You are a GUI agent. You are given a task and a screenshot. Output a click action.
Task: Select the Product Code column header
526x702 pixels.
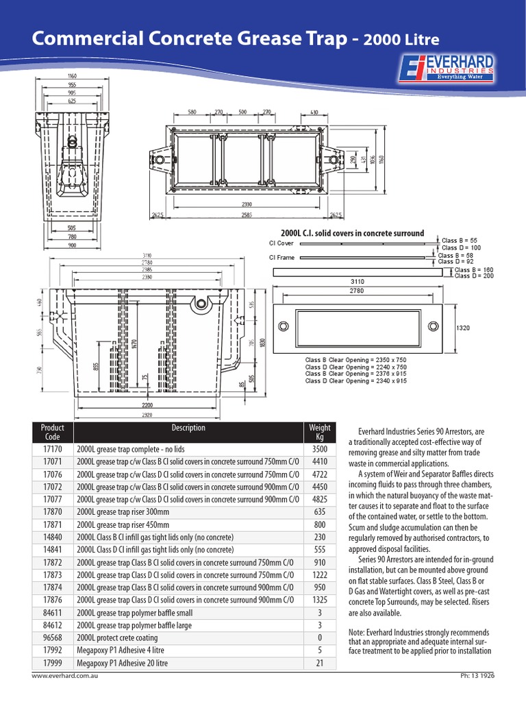tap(53, 433)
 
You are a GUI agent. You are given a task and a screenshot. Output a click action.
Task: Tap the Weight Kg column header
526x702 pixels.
tap(320, 433)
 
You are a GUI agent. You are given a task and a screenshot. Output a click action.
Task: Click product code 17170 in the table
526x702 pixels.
tap(53, 450)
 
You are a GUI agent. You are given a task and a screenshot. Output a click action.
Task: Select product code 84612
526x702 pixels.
tap(53, 625)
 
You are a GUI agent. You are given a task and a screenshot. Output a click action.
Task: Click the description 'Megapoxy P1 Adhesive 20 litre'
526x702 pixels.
tap(123, 663)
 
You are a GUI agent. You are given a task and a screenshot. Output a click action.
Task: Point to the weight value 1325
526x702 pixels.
tap(320, 600)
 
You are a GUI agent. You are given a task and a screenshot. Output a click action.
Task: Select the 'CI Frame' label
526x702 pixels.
tap(281, 258)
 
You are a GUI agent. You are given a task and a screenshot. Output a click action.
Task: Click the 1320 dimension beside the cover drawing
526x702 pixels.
tap(463, 328)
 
